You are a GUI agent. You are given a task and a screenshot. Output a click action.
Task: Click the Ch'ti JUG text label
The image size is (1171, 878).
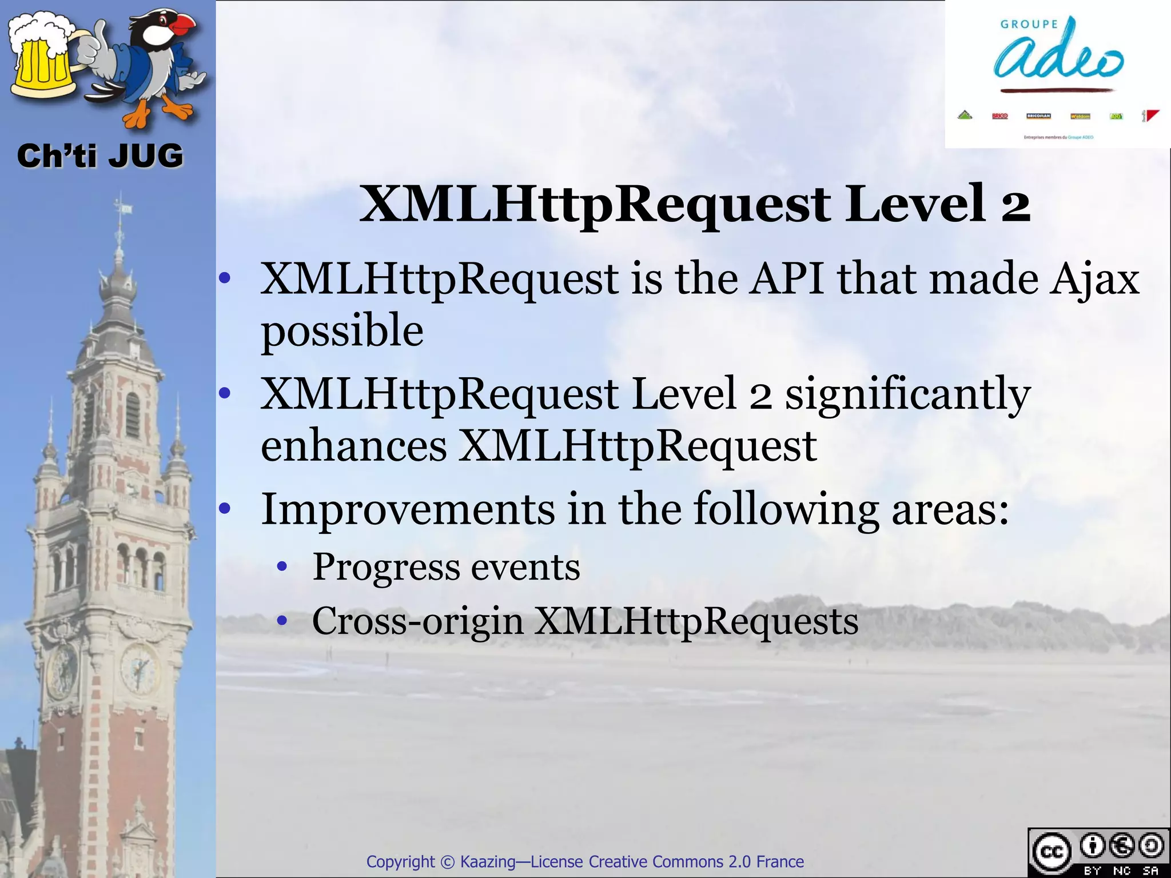[x=100, y=156]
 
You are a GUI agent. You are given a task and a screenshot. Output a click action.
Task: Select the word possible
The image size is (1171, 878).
[x=342, y=332]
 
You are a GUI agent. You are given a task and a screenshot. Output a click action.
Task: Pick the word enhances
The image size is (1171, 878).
[x=353, y=446]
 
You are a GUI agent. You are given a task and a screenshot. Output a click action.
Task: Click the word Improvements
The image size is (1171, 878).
[x=408, y=509]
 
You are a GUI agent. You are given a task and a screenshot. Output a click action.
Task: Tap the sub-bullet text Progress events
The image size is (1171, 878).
[x=446, y=567]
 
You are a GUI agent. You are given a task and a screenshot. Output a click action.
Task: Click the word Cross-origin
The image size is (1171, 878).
[x=417, y=621]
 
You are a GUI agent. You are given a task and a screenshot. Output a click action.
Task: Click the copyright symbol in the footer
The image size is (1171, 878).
[x=447, y=861]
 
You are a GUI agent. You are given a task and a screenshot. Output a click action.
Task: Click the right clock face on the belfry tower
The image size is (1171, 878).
[x=139, y=667]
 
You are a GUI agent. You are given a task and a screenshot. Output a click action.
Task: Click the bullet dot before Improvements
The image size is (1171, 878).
[x=225, y=508]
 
